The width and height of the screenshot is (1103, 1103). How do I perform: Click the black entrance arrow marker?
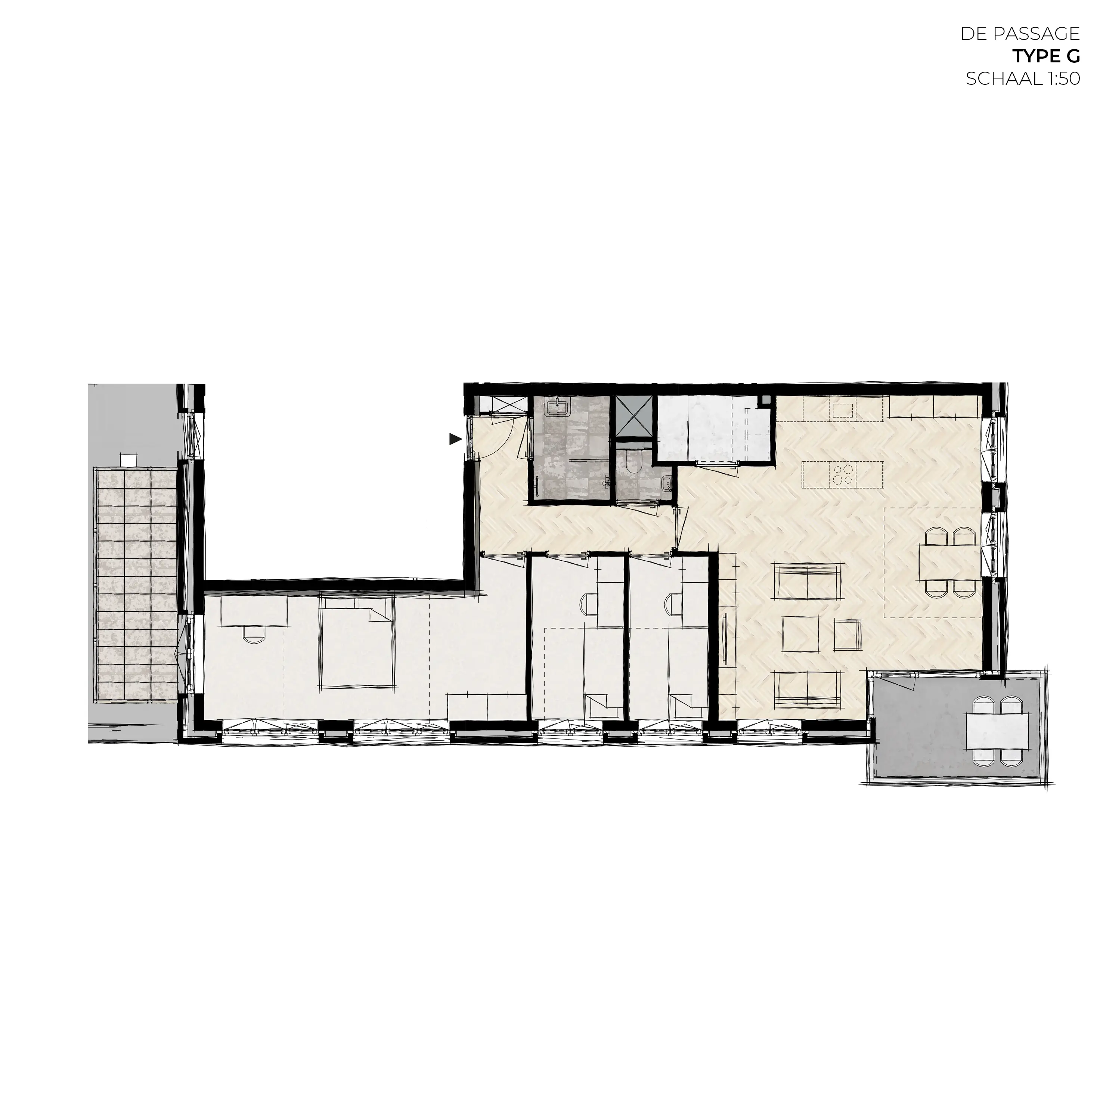pos(455,439)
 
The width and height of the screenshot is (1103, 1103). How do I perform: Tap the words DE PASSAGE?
pos(1020,34)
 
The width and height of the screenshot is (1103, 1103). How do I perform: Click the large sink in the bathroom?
pos(556,408)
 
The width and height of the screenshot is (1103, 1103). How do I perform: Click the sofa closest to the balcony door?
pos(808,689)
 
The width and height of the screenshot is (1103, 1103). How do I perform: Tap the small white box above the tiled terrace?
pos(129,459)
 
